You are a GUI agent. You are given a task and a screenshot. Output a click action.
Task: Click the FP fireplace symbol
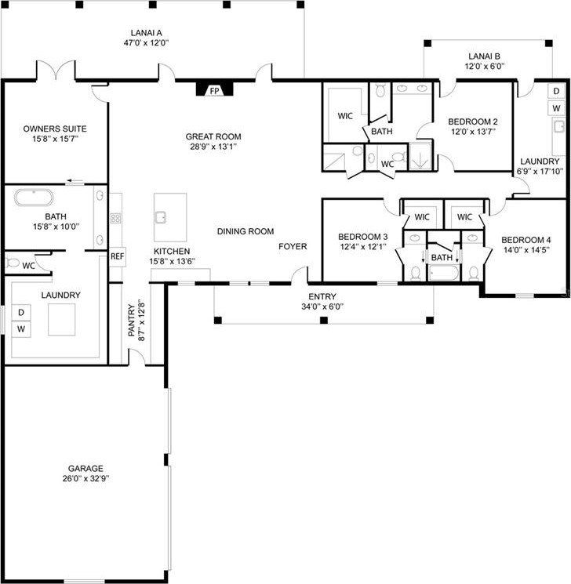click(x=213, y=91)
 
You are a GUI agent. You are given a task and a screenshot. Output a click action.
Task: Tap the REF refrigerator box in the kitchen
click(x=118, y=256)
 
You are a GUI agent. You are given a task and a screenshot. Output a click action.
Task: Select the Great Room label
click(x=213, y=136)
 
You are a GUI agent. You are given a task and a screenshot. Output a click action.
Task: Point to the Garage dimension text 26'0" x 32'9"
click(x=85, y=478)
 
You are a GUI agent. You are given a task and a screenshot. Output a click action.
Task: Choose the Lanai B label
click(x=485, y=56)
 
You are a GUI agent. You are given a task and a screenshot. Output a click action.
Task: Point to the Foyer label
click(x=293, y=246)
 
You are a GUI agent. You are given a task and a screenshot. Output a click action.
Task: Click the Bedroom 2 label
click(x=473, y=122)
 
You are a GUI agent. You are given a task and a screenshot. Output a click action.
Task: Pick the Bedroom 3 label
click(x=362, y=237)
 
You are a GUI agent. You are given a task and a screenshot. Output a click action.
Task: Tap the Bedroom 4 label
click(x=526, y=240)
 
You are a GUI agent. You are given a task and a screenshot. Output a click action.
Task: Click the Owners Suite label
click(x=54, y=129)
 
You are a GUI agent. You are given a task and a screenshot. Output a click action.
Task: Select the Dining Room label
click(x=245, y=231)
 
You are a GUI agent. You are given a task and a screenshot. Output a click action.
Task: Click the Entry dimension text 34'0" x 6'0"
click(x=322, y=307)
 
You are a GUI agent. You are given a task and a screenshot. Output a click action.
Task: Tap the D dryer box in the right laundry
click(x=556, y=92)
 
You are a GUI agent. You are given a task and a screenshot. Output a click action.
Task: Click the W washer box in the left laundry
click(x=21, y=329)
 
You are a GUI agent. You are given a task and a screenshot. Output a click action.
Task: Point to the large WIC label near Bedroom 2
click(x=345, y=116)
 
